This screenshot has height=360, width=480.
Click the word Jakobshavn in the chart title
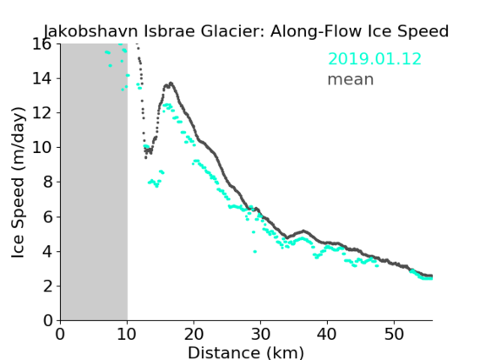pyautogui.click(x=91, y=31)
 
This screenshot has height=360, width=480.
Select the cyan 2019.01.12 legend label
pyautogui.click(x=374, y=59)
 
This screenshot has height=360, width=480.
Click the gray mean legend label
pyautogui.click(x=351, y=79)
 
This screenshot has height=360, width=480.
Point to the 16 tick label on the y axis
pyautogui.click(x=41, y=44)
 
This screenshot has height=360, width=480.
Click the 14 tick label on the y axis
pyautogui.click(x=41, y=79)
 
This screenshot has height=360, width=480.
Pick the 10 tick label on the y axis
pyautogui.click(x=41, y=148)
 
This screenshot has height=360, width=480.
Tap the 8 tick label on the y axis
pyautogui.click(x=47, y=183)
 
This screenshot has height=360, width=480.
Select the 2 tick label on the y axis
pyautogui.click(x=47, y=286)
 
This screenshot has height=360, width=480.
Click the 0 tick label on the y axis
pyautogui.click(x=47, y=321)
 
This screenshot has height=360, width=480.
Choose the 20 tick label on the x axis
pyautogui.click(x=194, y=334)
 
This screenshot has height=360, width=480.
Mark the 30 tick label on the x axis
pyautogui.click(x=260, y=334)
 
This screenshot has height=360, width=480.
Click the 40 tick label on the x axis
pyautogui.click(x=327, y=334)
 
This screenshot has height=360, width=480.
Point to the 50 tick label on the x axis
pyautogui.click(x=394, y=334)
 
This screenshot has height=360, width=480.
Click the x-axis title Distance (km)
pyautogui.click(x=246, y=352)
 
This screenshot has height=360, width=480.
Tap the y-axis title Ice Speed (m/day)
pyautogui.click(x=18, y=183)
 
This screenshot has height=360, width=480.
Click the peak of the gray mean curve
pyautogui.click(x=171, y=83)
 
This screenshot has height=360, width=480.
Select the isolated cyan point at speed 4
pyautogui.click(x=255, y=252)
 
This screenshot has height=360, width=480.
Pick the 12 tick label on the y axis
pyautogui.click(x=41, y=113)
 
